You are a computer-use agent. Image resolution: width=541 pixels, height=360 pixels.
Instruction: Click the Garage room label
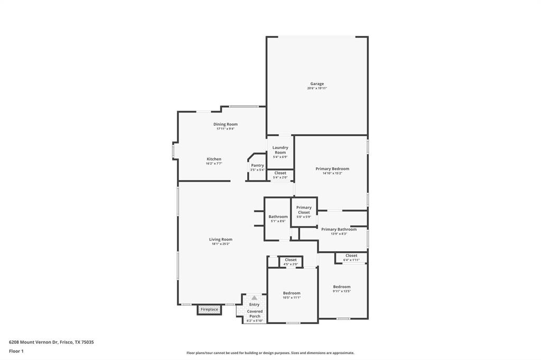[x=317, y=83]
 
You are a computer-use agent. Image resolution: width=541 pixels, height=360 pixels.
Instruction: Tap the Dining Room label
[x=226, y=124]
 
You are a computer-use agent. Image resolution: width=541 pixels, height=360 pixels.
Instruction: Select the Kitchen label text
[x=214, y=159]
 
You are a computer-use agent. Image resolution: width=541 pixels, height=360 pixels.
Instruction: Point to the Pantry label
[x=257, y=165]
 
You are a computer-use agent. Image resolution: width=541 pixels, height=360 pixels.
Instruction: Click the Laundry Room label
[x=280, y=150]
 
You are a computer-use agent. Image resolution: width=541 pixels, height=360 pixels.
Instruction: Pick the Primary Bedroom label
[x=332, y=168]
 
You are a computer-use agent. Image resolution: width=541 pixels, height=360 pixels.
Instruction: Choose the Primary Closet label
[x=304, y=210]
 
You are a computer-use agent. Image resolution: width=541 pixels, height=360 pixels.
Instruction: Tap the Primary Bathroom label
[x=339, y=229]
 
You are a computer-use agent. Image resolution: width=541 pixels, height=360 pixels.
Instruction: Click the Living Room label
[x=220, y=239]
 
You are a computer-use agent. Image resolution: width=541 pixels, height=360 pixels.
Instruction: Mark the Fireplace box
[x=209, y=309]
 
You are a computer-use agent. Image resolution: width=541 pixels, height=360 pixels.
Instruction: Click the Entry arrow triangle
[x=254, y=298]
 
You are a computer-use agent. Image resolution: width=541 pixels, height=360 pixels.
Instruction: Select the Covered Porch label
[x=255, y=314]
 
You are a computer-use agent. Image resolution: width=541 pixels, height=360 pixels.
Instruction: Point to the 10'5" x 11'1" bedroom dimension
[x=292, y=298]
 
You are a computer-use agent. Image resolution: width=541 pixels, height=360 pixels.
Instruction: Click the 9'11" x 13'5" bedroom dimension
[x=342, y=291]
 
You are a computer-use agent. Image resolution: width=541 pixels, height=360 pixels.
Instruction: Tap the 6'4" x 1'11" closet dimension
[x=351, y=260]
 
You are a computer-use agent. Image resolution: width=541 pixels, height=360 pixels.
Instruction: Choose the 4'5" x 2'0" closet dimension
[x=291, y=264]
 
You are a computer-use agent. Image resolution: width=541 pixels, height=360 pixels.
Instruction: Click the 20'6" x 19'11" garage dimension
[x=317, y=88]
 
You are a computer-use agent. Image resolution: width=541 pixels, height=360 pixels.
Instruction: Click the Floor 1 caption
[x=16, y=351]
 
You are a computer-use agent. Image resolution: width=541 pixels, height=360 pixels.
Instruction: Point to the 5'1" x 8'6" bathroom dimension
[x=278, y=221]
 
